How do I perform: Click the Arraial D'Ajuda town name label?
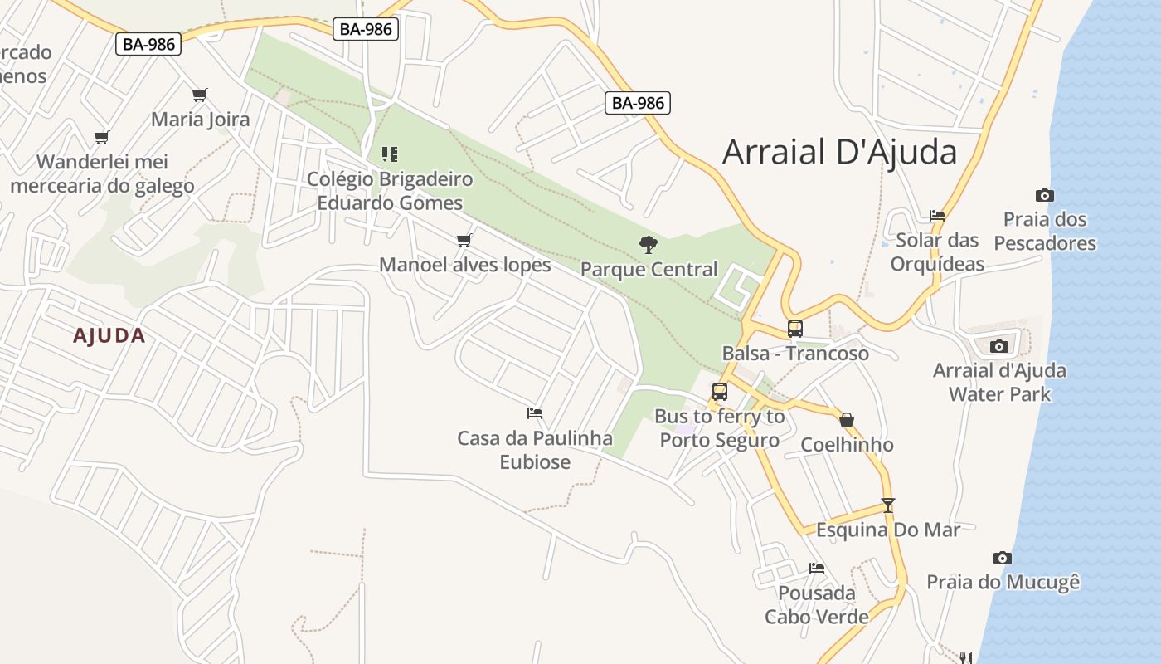point(839,152)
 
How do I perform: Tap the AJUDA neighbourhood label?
point(109,335)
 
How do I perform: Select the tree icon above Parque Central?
point(649,244)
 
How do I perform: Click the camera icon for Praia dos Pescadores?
point(1045,196)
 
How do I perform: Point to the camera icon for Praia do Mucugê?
point(1003,558)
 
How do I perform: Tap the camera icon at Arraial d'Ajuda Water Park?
point(999,346)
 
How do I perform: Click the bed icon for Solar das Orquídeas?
point(937,216)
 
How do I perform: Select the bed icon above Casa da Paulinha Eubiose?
point(535,413)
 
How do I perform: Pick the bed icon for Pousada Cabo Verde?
point(817,569)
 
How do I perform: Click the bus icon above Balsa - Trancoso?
point(795,329)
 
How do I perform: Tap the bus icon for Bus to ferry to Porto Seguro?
point(720,392)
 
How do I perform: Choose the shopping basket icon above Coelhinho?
point(847,420)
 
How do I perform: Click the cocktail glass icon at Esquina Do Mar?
point(888,505)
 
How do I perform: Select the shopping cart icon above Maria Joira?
point(199,95)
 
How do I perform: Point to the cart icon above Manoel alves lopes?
point(464,240)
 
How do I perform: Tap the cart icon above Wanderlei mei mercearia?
point(102,137)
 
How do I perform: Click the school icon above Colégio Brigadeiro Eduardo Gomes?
point(390,154)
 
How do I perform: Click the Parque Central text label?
point(649,269)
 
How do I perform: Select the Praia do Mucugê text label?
point(1003,582)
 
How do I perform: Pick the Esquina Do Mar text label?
point(888,530)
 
